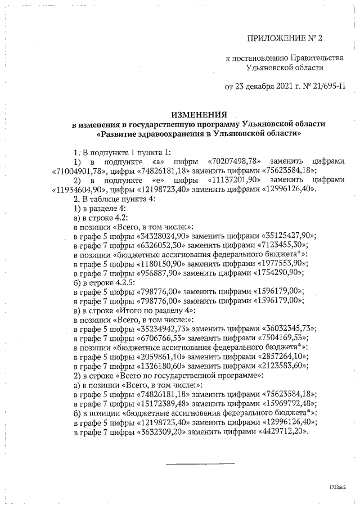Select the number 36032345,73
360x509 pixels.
289,328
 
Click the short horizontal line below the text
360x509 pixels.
200,463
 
